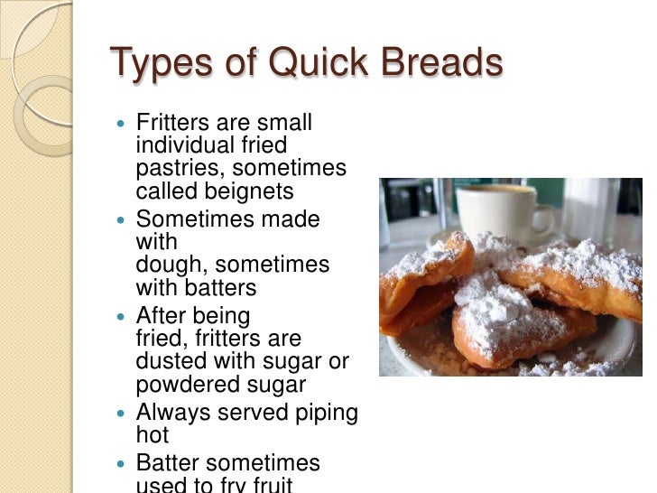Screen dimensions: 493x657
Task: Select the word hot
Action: point(153,435)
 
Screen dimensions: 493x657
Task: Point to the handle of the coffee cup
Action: point(544,219)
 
